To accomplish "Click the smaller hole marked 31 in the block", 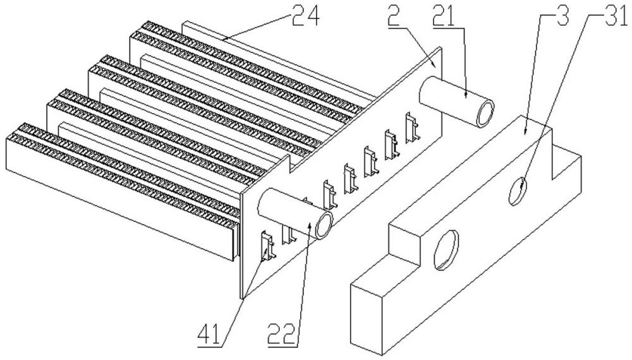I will tap(516, 191).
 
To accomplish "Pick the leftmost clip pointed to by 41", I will tap(267, 244).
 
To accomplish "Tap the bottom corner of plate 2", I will tap(243, 297).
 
